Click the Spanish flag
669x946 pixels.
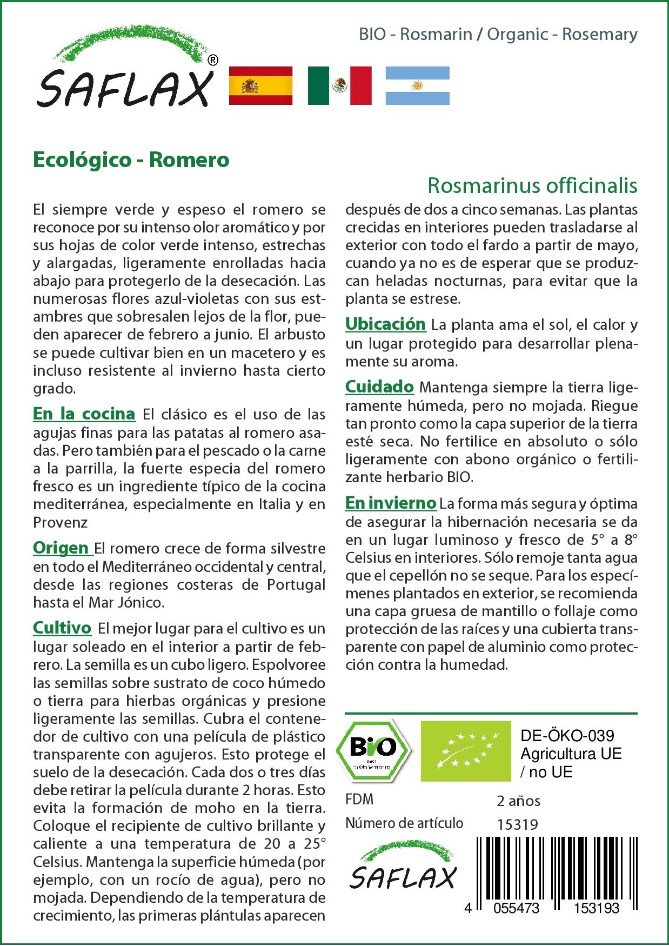[261, 85]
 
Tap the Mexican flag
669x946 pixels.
[339, 85]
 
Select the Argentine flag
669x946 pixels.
[417, 85]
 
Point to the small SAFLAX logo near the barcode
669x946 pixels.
[403, 870]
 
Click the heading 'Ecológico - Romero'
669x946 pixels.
[131, 160]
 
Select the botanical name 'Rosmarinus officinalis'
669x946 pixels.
[532, 185]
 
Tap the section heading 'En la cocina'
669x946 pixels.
[84, 414]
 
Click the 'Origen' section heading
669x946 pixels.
[62, 548]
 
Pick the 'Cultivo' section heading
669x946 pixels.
[62, 628]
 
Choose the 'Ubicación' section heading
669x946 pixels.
[385, 324]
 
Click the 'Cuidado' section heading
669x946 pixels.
[379, 387]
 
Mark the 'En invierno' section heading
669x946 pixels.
[390, 503]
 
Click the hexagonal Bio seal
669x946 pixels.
[373, 750]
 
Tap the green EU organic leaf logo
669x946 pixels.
[466, 750]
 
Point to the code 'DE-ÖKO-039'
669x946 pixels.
[567, 736]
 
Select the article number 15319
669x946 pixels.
[517, 824]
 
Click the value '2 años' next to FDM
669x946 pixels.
[518, 801]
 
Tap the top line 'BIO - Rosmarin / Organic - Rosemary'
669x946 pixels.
[498, 35]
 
